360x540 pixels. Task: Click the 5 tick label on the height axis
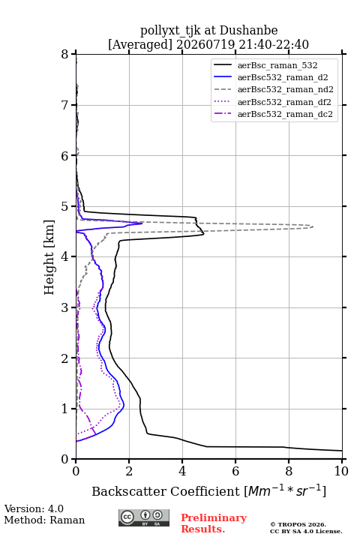65,206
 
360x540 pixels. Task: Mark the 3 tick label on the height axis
65,307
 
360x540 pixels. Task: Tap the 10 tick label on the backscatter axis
341,471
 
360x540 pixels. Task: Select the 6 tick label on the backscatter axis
235,471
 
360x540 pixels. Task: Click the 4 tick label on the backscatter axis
182,471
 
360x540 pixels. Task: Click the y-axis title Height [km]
49,257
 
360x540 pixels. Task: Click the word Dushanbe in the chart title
248,31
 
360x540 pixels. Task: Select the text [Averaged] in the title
139,44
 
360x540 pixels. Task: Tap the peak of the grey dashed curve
313,226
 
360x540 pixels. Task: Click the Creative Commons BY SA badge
144,518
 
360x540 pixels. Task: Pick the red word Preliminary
214,518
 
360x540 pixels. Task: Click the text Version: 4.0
34,508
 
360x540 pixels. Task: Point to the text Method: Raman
44,520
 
